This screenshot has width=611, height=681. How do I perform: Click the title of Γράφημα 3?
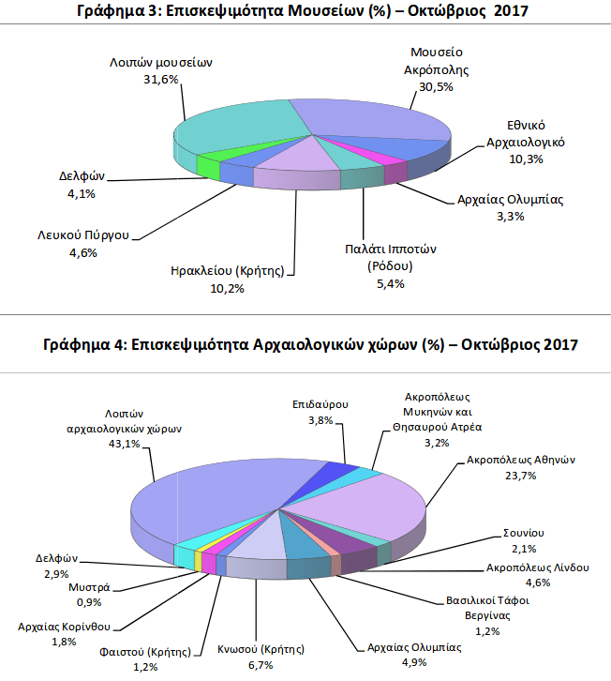(305, 12)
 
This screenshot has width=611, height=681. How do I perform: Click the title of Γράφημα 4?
(305, 344)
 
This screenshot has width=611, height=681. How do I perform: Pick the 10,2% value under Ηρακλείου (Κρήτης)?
(229, 287)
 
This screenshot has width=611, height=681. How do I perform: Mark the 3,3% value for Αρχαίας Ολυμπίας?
(510, 216)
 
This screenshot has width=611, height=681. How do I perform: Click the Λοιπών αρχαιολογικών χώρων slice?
(225, 497)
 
